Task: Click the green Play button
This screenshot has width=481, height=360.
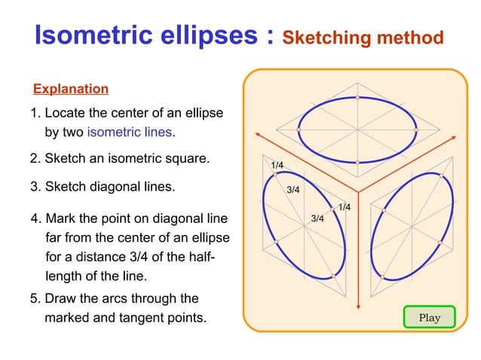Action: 430,317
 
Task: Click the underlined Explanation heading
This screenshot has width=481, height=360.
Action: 71,89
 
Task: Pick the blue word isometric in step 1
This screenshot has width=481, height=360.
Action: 113,133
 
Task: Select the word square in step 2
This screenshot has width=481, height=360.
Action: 185,160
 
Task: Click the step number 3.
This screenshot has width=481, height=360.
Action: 34,187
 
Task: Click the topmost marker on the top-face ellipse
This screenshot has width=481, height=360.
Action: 357,98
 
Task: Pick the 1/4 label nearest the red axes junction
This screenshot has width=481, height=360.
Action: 344,207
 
